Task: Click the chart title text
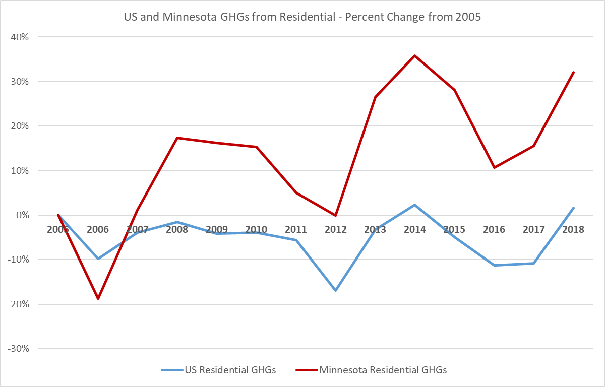point(302,16)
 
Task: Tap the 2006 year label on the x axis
point(98,229)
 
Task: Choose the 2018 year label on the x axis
point(573,229)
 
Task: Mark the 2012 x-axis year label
point(335,229)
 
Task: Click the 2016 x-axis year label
point(494,229)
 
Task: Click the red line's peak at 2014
point(415,55)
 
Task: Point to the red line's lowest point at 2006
point(98,299)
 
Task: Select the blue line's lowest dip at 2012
point(335,291)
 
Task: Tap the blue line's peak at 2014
point(415,205)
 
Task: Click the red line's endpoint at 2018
point(573,72)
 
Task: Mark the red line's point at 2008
point(177,138)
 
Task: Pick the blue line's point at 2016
point(494,265)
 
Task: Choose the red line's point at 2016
point(494,167)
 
